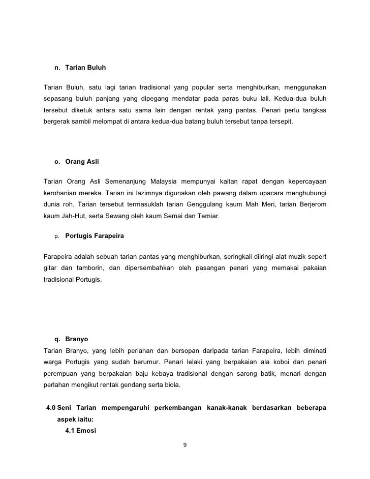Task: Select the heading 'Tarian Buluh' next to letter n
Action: point(85,67)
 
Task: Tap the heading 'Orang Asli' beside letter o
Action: point(82,162)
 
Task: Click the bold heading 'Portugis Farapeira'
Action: point(95,236)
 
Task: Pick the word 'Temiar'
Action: point(205,216)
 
